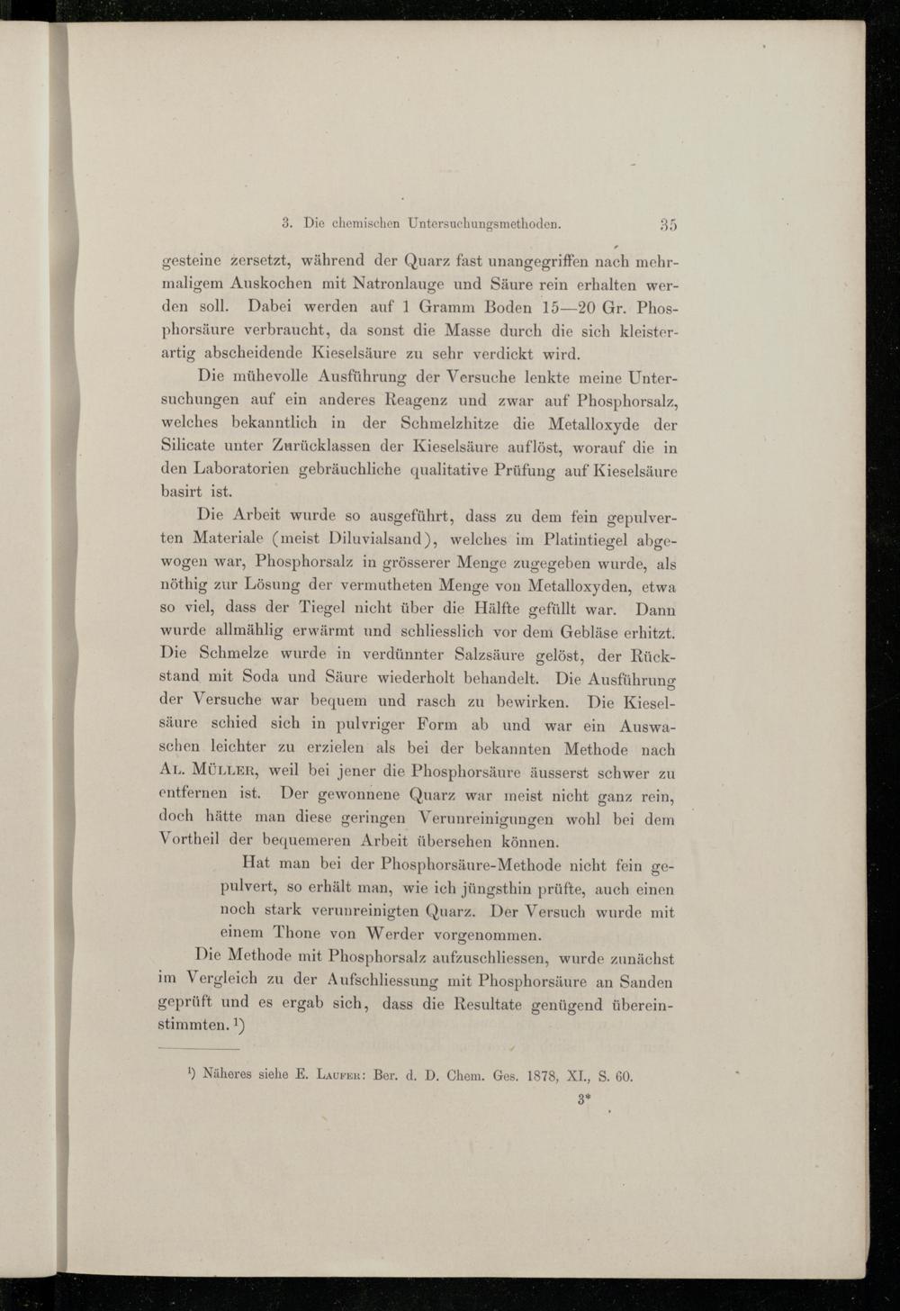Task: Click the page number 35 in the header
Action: point(668,224)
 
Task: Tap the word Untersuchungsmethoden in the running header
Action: point(484,222)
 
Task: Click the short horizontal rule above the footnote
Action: point(199,1049)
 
